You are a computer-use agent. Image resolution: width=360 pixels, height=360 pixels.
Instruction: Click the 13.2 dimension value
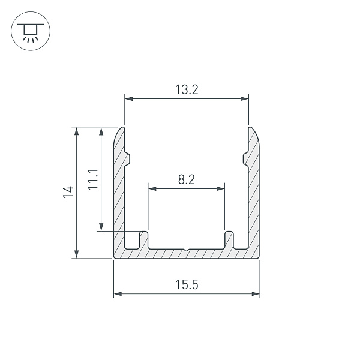point(187,89)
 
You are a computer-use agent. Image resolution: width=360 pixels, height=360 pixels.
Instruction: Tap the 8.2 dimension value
point(187,179)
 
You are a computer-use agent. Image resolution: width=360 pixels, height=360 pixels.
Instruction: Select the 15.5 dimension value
point(187,284)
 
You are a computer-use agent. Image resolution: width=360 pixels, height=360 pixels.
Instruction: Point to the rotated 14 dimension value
point(68,192)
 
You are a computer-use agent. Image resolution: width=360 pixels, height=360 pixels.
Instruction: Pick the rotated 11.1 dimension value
point(93,179)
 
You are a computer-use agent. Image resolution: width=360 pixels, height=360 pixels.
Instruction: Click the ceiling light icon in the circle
point(31,32)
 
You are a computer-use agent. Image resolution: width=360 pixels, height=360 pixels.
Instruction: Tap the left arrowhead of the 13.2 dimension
point(129,99)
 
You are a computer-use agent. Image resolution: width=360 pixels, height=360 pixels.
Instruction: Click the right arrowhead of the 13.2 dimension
point(244,99)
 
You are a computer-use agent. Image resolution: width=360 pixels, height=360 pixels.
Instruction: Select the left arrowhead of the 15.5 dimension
point(118,294)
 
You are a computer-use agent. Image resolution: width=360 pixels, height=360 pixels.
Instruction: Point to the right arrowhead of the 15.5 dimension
point(256,294)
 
